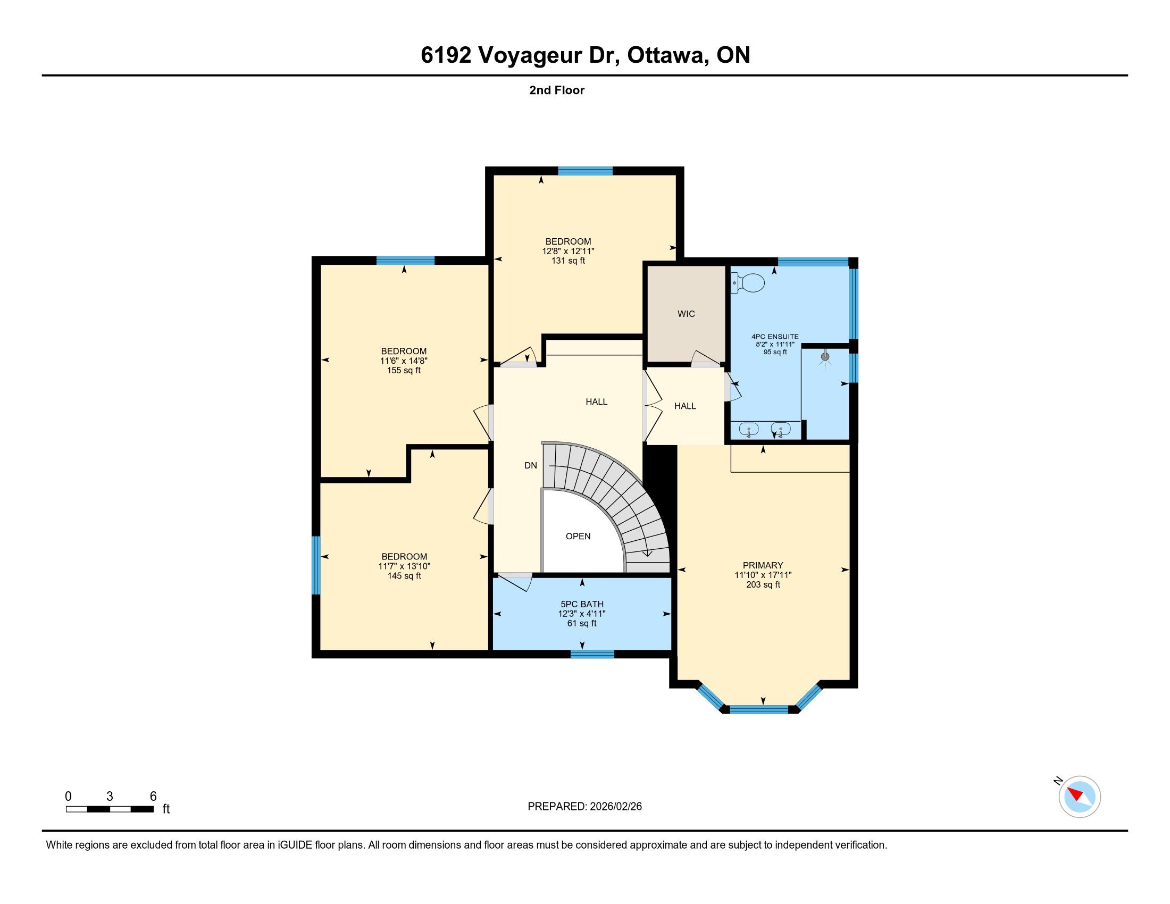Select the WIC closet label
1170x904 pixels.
tap(686, 314)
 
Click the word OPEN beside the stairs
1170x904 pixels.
tap(578, 536)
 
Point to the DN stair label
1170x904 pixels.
tap(530, 465)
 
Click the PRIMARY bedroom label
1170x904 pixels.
tap(763, 565)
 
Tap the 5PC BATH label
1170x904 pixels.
tap(582, 604)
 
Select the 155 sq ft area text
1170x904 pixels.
tap(404, 370)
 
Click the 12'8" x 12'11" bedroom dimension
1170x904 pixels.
tap(569, 251)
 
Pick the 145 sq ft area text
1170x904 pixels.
tap(405, 576)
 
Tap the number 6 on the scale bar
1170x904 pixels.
tap(153, 796)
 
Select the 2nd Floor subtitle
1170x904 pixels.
tap(557, 90)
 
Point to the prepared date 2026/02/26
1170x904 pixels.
tap(615, 807)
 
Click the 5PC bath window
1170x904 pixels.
tap(592, 654)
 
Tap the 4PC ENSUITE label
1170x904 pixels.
tap(775, 337)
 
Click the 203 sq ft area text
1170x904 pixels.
tap(763, 584)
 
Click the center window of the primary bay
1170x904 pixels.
tap(758, 709)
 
